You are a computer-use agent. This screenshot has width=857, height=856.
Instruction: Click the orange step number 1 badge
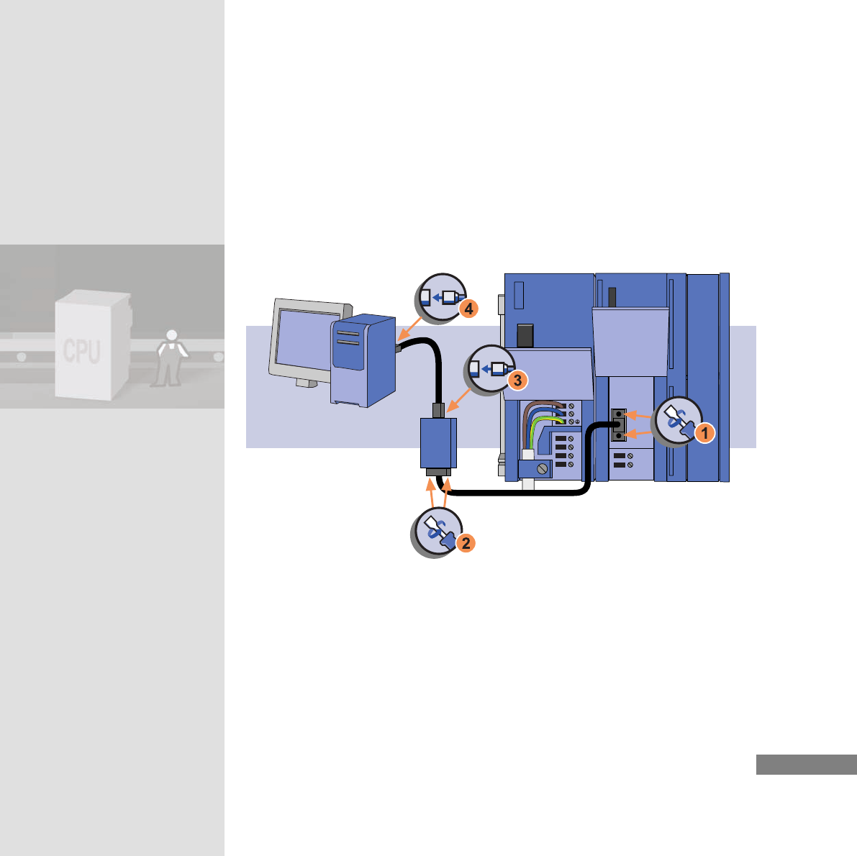click(704, 434)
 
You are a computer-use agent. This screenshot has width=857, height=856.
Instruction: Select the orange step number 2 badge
click(466, 543)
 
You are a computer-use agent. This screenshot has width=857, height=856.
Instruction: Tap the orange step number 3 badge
click(517, 381)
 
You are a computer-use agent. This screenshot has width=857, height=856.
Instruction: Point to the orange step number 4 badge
click(468, 309)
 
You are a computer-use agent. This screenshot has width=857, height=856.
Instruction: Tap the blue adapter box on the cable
click(438, 443)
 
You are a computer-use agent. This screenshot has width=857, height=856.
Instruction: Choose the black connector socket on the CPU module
click(618, 425)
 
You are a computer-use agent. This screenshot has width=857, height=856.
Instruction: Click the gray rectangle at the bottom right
click(806, 765)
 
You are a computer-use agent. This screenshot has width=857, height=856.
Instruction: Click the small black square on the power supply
click(525, 335)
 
